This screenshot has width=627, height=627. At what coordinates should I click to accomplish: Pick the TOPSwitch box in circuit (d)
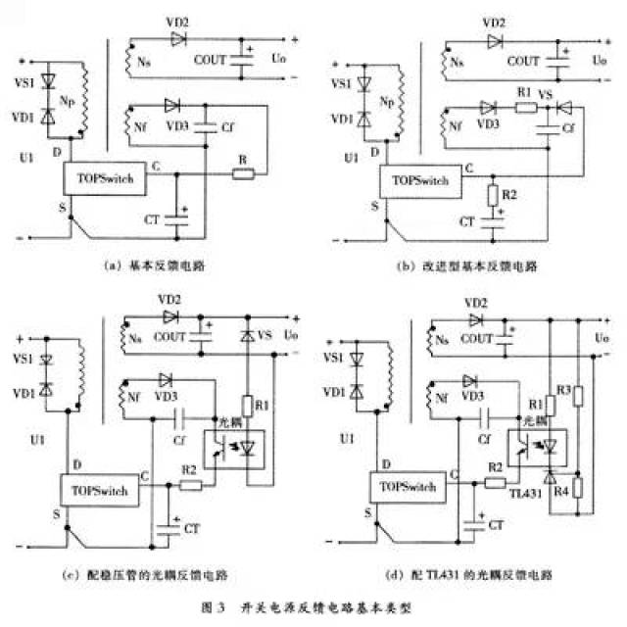click(406, 487)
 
